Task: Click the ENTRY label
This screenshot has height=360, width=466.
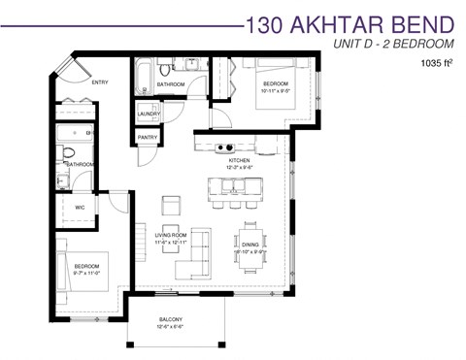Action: point(100,82)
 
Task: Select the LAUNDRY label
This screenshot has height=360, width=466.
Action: point(149,115)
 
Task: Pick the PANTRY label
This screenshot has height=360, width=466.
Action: point(148,138)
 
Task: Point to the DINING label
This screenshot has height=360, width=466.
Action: point(250,245)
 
